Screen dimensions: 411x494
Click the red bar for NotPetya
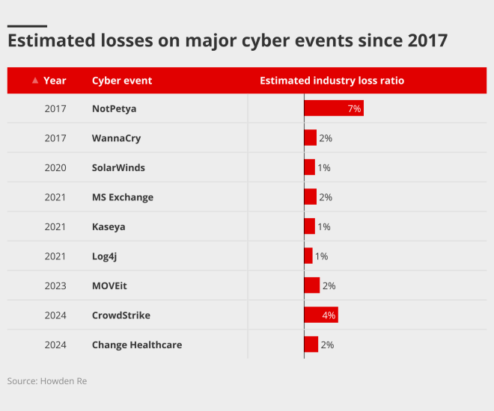click(x=333, y=108)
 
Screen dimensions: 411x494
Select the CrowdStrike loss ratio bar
click(x=320, y=315)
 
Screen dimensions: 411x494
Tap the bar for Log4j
click(x=308, y=256)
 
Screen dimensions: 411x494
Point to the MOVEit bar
click(x=311, y=285)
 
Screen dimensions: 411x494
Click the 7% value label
click(x=354, y=109)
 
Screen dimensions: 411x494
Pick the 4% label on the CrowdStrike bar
click(x=329, y=315)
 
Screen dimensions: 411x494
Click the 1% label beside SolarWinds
click(x=324, y=168)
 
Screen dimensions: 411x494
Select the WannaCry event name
click(x=116, y=138)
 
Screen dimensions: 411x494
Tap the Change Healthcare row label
click(x=137, y=344)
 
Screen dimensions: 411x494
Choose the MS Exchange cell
click(x=123, y=197)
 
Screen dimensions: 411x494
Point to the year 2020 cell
click(x=55, y=168)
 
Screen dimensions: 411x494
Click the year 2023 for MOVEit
click(x=55, y=285)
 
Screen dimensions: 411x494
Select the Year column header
click(x=55, y=81)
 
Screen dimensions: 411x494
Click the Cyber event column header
click(x=122, y=81)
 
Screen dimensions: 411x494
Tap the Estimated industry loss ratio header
click(x=332, y=81)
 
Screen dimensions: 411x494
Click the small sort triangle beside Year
click(x=35, y=81)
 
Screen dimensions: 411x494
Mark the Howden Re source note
click(x=47, y=381)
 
